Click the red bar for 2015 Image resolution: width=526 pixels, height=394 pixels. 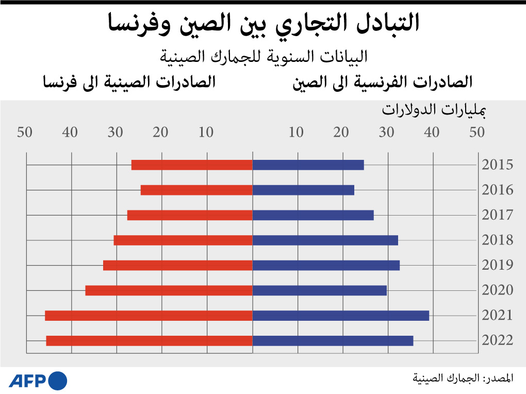point(192,165)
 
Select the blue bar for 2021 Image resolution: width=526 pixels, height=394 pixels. point(340,316)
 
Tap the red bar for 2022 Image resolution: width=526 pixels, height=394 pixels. point(149,341)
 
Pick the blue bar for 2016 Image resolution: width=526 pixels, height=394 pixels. point(303,190)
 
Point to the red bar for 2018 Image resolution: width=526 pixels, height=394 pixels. point(183,240)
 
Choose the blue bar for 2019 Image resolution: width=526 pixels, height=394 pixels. point(326,266)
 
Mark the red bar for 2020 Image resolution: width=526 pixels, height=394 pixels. point(169,290)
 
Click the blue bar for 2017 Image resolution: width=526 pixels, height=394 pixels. point(313,215)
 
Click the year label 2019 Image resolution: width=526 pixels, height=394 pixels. point(498,266)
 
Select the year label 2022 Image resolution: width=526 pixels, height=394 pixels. point(498,341)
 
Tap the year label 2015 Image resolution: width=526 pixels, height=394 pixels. point(498,165)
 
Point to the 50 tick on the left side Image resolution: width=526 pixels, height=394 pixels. point(25,133)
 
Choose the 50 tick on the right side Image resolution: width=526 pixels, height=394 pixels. point(477,133)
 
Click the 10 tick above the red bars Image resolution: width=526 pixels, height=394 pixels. point(206,133)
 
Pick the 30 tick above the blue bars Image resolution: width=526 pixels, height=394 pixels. point(387,133)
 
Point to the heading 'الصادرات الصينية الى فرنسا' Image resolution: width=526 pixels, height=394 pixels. point(129,82)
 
